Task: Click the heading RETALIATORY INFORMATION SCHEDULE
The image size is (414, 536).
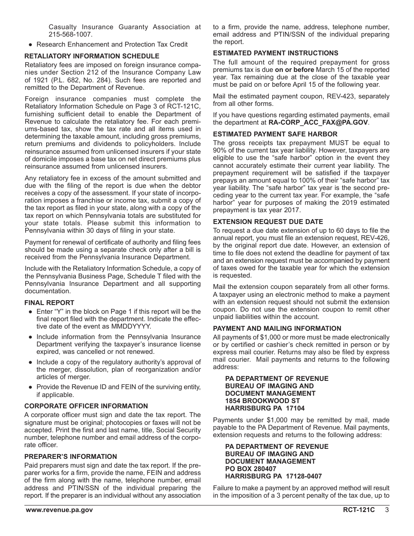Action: pos(92,56)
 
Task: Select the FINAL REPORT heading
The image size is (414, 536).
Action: pos(49,303)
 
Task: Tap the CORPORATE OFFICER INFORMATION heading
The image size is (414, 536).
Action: pos(86,406)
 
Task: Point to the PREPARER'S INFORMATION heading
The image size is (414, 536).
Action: pos(71,457)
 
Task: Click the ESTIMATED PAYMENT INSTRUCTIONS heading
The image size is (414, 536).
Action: pos(275,53)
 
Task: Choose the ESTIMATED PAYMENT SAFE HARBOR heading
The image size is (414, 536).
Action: pos(275,134)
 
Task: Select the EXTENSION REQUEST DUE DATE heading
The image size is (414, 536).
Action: pos(268,222)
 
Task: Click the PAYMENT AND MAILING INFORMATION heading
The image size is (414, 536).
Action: pos(277,329)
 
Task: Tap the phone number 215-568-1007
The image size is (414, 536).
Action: pos(71,34)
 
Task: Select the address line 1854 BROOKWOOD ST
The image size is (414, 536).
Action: pos(262,401)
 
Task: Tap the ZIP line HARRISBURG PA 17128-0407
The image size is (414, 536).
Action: pos(273,476)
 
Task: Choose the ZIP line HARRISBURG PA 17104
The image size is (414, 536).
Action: pos(265,408)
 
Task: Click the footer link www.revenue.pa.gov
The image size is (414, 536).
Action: pos(59,510)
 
